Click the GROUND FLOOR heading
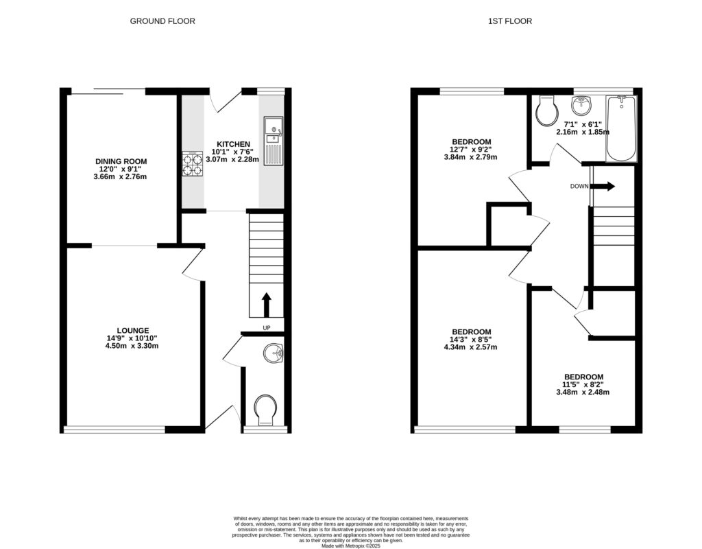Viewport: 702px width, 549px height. tap(162, 21)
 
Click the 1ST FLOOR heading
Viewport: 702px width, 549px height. tap(509, 21)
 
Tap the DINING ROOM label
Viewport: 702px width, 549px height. tap(121, 161)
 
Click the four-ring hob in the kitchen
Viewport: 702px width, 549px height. tap(192, 164)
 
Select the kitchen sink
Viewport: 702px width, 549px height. tap(273, 132)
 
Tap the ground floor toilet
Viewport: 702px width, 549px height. tap(264, 410)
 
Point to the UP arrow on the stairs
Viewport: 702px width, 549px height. tap(266, 303)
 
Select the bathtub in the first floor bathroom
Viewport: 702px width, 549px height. tap(621, 129)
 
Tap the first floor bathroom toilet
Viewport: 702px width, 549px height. tap(547, 112)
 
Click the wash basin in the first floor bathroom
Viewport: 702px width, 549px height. tap(581, 104)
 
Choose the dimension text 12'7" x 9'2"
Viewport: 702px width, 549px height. tap(470, 149)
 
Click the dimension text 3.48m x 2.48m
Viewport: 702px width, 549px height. tap(583, 393)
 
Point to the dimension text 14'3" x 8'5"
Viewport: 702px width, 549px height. tap(470, 339)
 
